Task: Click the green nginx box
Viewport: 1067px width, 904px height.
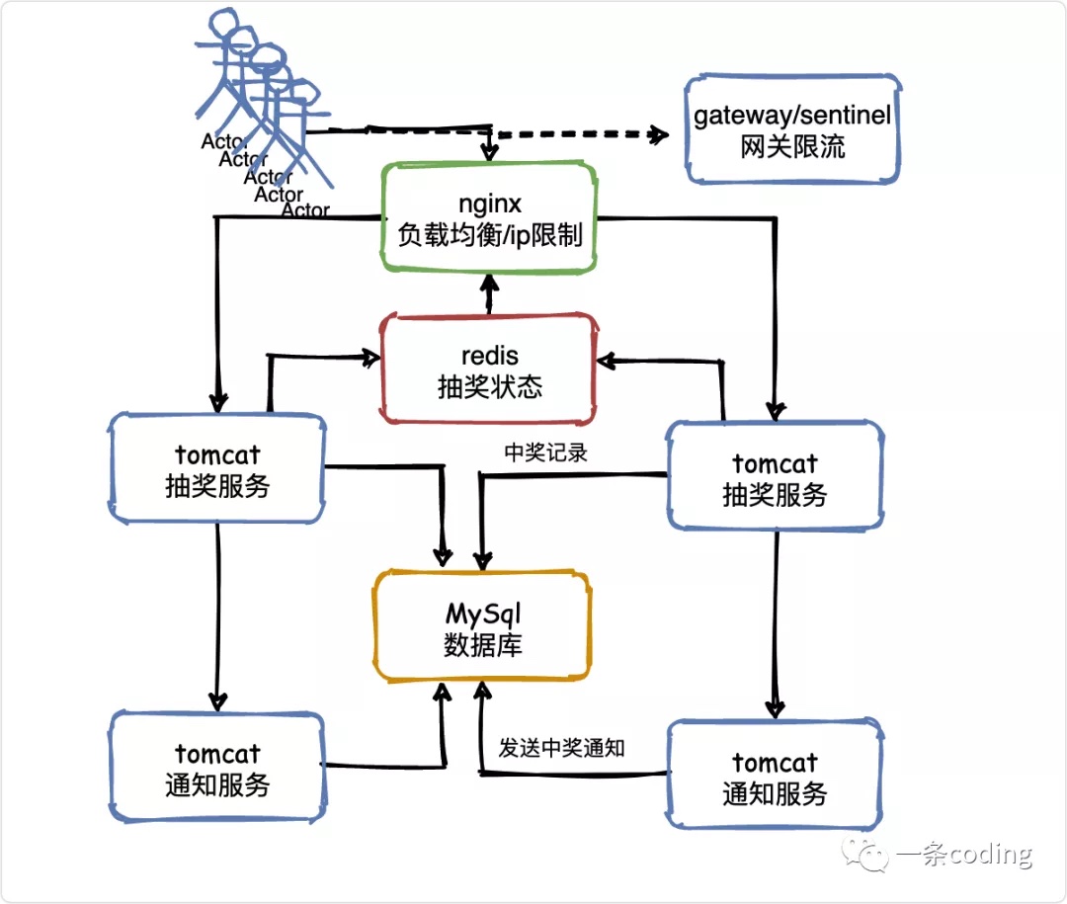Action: tap(489, 219)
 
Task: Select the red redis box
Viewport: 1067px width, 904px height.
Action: tap(490, 370)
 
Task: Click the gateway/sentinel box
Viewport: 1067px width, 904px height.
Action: tap(792, 129)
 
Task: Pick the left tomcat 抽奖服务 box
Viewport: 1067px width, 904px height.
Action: tap(217, 469)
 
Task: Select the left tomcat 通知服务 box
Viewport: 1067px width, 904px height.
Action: tap(217, 769)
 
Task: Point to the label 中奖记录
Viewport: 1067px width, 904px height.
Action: tap(546, 452)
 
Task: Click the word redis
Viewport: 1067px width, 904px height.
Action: tap(490, 355)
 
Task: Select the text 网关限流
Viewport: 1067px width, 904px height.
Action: tap(792, 148)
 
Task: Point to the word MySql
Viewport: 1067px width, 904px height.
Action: tap(483, 614)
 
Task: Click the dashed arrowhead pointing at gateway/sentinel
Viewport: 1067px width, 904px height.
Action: tap(658, 136)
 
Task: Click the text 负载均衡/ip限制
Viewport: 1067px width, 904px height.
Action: tap(490, 235)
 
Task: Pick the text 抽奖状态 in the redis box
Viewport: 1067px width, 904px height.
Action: tap(490, 386)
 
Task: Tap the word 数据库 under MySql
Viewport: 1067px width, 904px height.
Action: tap(483, 645)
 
